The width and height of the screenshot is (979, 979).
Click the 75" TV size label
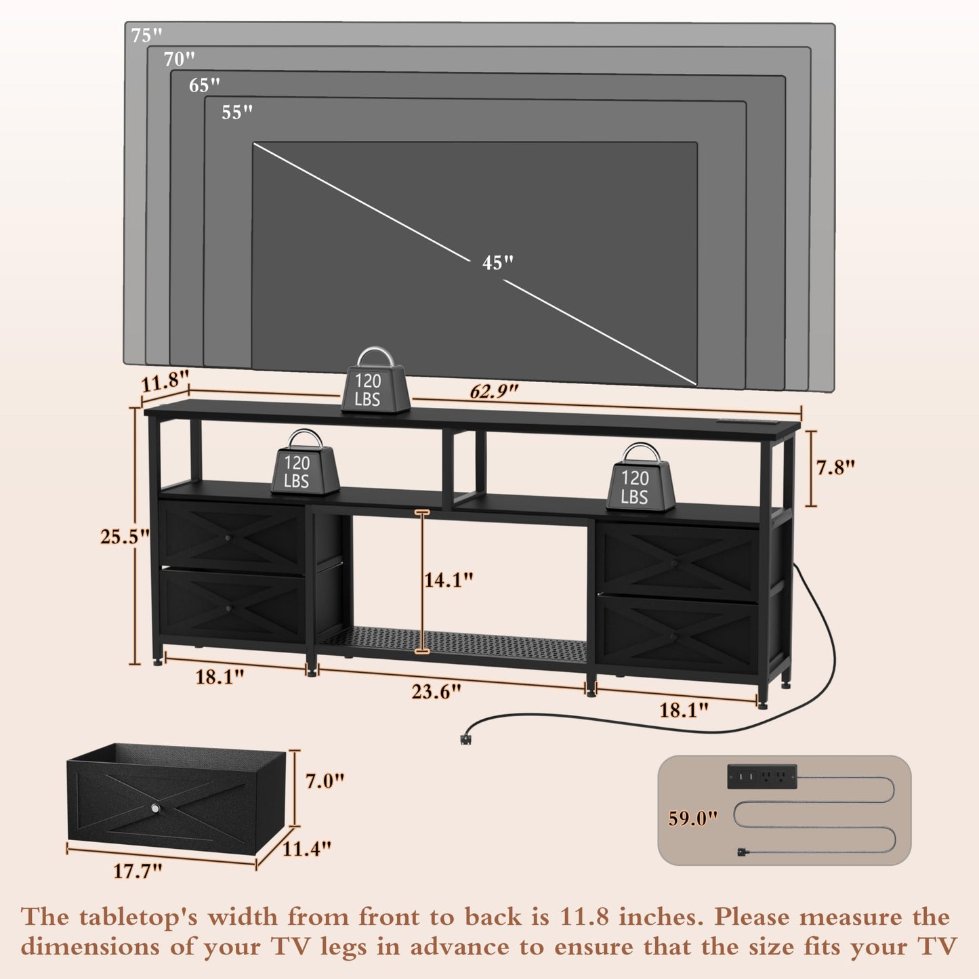146,35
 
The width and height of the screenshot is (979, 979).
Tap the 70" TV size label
179,59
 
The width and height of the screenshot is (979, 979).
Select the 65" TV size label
204,85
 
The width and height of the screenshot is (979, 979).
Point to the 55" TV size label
236,112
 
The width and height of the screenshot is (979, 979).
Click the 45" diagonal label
497,263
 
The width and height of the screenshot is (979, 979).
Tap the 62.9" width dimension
493,391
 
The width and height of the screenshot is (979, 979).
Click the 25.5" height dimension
125,537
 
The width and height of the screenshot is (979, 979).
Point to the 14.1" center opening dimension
449,580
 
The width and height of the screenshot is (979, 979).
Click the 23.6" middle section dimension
436,692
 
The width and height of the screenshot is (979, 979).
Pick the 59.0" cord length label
693,818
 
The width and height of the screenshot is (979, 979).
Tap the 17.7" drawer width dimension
137,871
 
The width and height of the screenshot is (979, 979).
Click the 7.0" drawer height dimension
325,781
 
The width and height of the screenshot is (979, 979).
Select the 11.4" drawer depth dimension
306,848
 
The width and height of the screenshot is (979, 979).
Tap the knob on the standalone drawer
155,808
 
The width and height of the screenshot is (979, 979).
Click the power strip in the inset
762,776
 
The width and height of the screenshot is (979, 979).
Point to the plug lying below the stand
465,738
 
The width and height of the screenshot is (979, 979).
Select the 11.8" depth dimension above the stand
165,381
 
